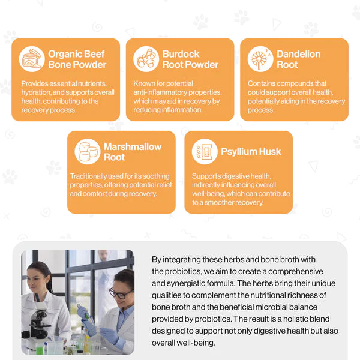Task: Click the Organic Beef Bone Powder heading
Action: click(x=77, y=59)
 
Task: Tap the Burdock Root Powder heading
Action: click(x=190, y=59)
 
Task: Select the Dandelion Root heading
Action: click(x=298, y=59)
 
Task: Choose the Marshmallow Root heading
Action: click(x=133, y=152)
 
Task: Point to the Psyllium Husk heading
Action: click(x=251, y=152)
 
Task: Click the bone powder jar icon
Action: click(x=32, y=59)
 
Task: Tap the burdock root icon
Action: click(x=146, y=59)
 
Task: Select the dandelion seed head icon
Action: click(x=260, y=59)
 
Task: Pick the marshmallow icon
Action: click(x=88, y=152)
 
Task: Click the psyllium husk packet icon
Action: click(x=205, y=152)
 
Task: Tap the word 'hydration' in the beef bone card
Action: click(x=36, y=92)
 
